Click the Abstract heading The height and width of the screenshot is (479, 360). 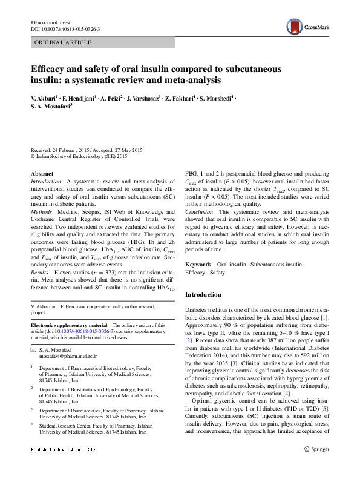tap(42, 174)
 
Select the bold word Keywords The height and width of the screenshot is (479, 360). tap(198, 265)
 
